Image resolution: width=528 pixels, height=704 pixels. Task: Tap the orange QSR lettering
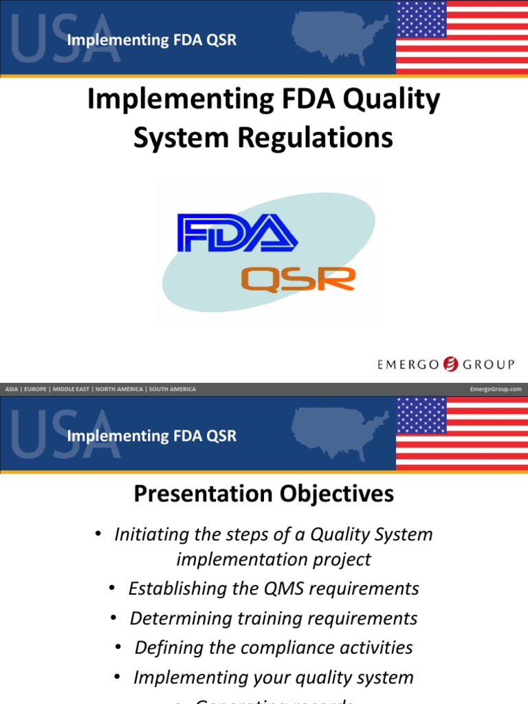pyautogui.click(x=298, y=279)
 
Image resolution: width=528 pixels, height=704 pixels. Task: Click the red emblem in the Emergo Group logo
pyautogui.click(x=451, y=364)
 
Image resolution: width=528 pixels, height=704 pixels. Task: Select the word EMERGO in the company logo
pyautogui.click(x=408, y=364)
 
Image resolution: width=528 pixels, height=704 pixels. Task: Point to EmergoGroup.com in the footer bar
pyautogui.click(x=495, y=389)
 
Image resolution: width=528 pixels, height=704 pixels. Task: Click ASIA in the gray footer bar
pyautogui.click(x=12, y=389)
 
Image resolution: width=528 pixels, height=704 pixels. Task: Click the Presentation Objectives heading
pyautogui.click(x=263, y=494)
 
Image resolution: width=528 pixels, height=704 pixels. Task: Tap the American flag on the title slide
pyautogui.click(x=461, y=38)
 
